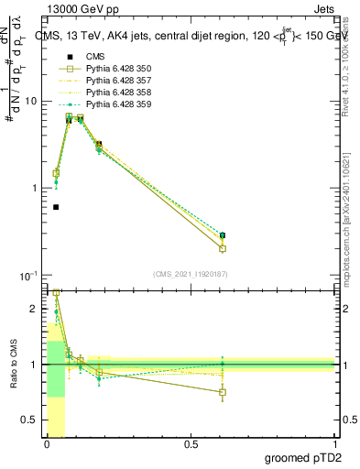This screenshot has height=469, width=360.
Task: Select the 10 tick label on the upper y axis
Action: pyautogui.click(x=30, y=102)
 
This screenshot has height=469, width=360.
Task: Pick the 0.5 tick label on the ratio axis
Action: pyautogui.click(x=30, y=420)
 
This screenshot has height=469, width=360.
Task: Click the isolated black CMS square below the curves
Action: pyautogui.click(x=56, y=207)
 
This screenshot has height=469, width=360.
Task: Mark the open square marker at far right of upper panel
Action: pyautogui.click(x=248, y=248)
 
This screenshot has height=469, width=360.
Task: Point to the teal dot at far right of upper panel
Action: pyautogui.click(x=248, y=235)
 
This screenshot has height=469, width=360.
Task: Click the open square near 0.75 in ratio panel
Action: pyautogui.click(x=248, y=392)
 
